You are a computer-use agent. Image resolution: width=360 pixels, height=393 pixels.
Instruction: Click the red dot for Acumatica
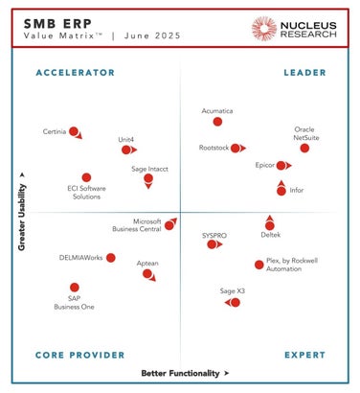coord(217,122)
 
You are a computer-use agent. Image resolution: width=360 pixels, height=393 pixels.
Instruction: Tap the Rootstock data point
coord(236,149)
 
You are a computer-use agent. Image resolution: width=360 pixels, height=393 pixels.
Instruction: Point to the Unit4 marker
coord(125,150)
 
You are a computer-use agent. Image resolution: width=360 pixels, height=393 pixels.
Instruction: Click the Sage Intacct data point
coord(148,178)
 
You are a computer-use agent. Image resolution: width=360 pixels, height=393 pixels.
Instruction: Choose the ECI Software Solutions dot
coord(86,177)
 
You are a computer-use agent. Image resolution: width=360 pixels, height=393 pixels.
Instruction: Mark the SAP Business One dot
coord(75,287)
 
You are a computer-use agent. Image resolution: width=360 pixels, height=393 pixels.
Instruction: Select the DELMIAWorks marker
coord(111,258)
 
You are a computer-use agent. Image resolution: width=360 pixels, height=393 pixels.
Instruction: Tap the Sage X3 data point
coord(235,302)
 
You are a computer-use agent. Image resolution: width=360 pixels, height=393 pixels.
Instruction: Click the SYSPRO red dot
coord(213,244)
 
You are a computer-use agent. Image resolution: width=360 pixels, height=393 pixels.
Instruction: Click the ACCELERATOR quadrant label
coord(75,73)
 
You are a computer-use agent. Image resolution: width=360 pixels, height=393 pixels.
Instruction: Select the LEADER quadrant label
coord(305,73)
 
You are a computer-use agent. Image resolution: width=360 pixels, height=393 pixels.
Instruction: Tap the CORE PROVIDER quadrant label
coord(79,355)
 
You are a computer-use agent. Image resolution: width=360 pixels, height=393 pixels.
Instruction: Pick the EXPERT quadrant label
coord(305,355)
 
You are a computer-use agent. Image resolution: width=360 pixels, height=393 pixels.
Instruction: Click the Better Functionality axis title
coord(180,373)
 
